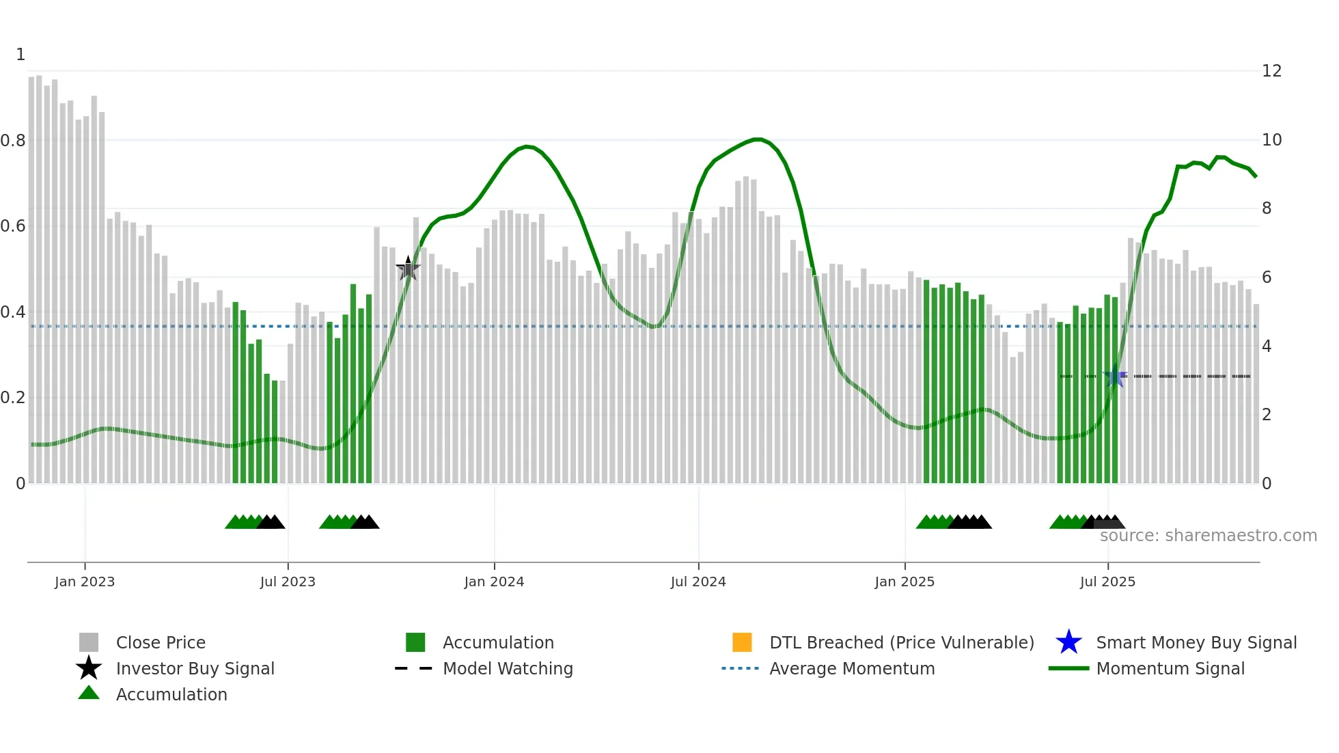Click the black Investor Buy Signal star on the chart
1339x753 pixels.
[408, 269]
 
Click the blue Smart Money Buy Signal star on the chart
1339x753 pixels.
[1115, 376]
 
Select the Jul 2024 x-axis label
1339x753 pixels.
[698, 581]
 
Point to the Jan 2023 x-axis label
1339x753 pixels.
[85, 581]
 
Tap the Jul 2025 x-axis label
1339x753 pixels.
[1107, 581]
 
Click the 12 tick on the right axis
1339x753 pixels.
[1271, 71]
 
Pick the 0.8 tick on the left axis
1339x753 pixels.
[13, 141]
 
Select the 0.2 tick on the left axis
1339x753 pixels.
[13, 398]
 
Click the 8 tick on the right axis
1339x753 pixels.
[1267, 208]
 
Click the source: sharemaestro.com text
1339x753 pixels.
[1208, 536]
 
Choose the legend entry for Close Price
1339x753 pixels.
[161, 642]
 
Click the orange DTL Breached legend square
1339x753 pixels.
[742, 642]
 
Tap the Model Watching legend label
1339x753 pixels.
[508, 668]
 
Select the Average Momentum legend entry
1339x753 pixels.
[852, 668]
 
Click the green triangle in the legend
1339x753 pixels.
[89, 694]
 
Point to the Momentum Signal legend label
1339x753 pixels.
[1170, 668]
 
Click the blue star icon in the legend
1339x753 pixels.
[1068, 642]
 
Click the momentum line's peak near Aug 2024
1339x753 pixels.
[757, 139]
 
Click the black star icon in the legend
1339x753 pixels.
[89, 668]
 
